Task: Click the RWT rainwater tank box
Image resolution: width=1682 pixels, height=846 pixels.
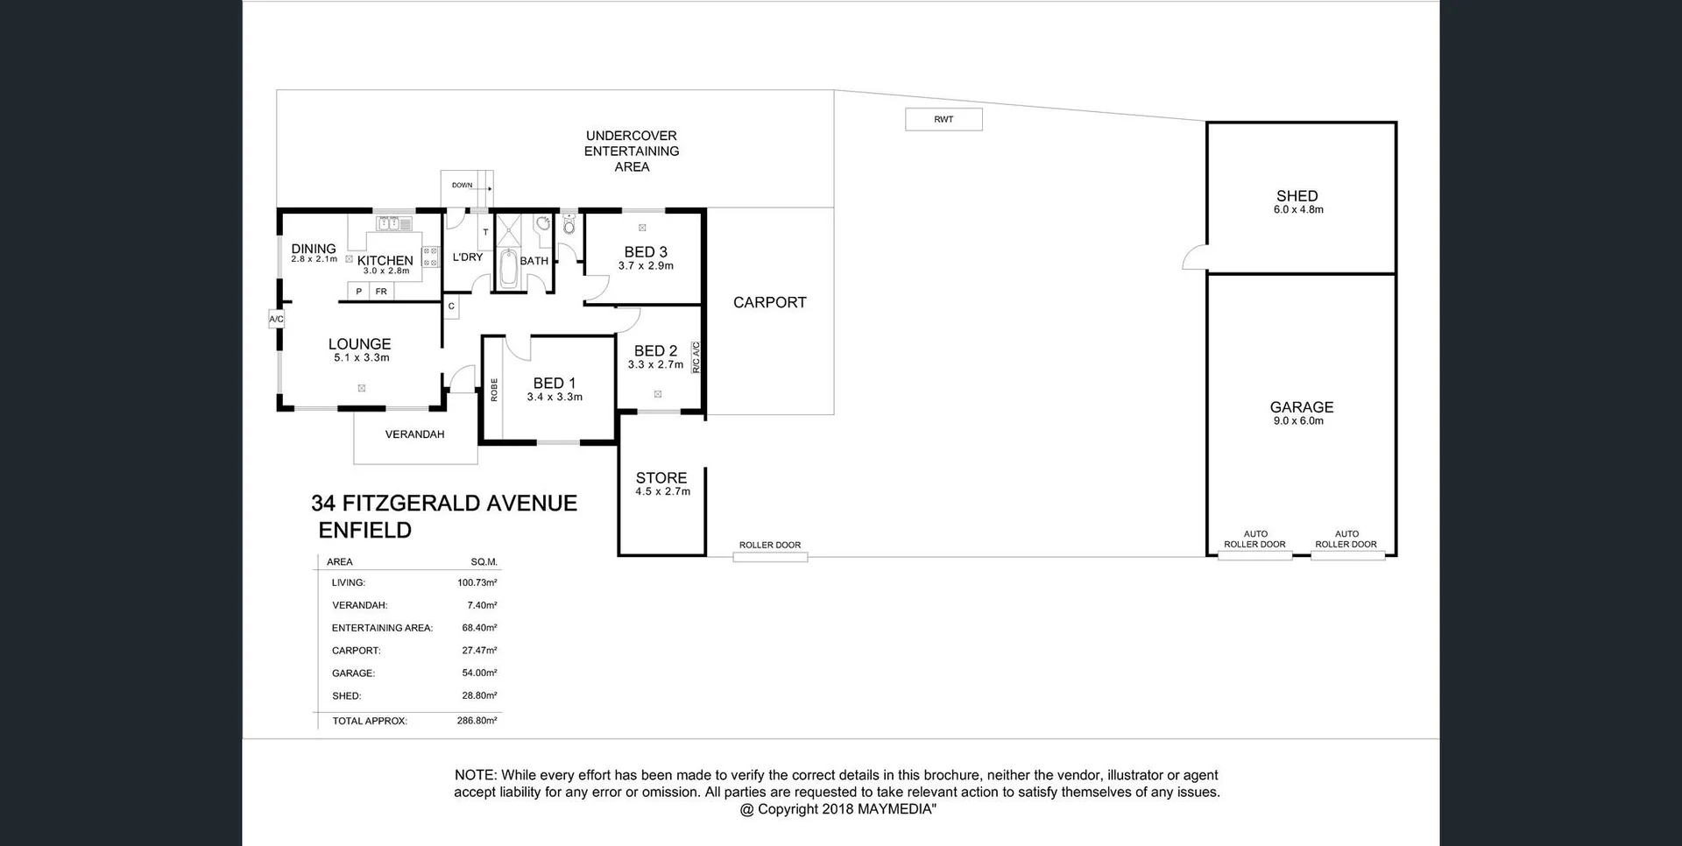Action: pos(943,119)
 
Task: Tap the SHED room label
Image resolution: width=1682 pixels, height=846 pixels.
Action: pos(1297,196)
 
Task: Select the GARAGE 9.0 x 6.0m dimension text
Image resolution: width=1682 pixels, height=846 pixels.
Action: pos(1298,421)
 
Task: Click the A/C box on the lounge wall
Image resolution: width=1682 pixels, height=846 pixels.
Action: pos(276,319)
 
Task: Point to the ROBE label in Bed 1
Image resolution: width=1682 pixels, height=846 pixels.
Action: pos(494,390)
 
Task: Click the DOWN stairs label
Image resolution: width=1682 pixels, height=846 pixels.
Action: pos(462,185)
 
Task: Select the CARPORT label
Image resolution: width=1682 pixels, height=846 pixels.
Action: pos(769,302)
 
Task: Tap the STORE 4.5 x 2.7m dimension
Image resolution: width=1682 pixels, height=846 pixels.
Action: pos(662,492)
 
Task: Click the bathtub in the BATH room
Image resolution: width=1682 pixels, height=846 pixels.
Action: pos(508,268)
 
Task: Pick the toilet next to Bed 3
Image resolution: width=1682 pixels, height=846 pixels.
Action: pos(569,226)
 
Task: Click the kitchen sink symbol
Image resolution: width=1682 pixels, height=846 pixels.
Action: pos(393,224)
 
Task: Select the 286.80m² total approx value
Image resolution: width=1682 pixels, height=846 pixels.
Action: pos(477,721)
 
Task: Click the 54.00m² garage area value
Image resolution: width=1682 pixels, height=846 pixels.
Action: pos(479,673)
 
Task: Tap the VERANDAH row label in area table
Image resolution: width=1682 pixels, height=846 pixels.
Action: pos(359,605)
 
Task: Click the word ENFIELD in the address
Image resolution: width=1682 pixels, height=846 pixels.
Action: pos(364,530)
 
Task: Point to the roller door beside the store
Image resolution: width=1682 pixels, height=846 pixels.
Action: pos(770,556)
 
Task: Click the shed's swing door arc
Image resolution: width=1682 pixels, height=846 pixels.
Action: pos(1193,257)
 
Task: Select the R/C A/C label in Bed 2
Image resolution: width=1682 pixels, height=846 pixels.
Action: pos(696,357)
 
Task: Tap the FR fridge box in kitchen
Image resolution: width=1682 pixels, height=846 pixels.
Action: pos(381,292)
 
